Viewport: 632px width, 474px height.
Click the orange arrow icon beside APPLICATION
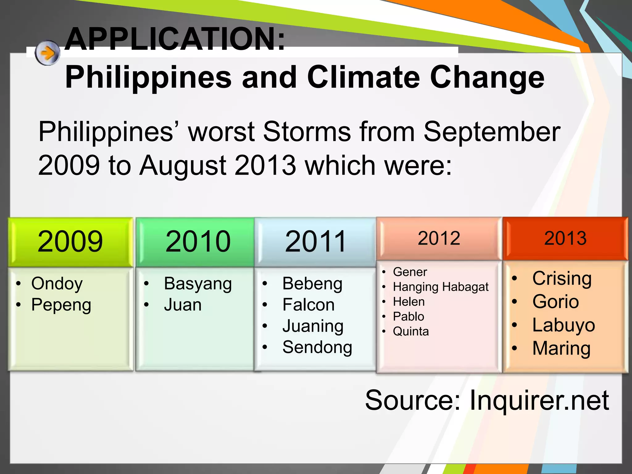(47, 53)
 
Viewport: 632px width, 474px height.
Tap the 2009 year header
(70, 242)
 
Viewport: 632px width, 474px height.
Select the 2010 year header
(198, 242)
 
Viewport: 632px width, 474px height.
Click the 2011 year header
(315, 242)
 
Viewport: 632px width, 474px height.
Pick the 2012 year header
(439, 238)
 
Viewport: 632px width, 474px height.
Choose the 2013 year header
(565, 238)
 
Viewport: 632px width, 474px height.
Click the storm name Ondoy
(57, 284)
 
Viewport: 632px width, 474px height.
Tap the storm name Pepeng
(61, 305)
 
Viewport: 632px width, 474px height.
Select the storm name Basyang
(198, 284)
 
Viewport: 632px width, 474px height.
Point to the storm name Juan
(183, 305)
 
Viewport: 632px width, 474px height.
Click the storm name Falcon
(309, 305)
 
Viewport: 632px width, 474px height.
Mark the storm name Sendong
(317, 347)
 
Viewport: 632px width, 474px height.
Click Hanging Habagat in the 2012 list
(441, 287)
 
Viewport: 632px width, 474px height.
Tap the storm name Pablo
(409, 317)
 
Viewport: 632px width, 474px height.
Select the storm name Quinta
(411, 331)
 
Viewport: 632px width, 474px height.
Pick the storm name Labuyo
(563, 325)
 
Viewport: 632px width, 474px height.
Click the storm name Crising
(562, 278)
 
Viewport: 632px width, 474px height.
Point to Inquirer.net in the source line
(539, 400)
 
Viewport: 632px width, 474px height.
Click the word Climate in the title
(364, 77)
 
